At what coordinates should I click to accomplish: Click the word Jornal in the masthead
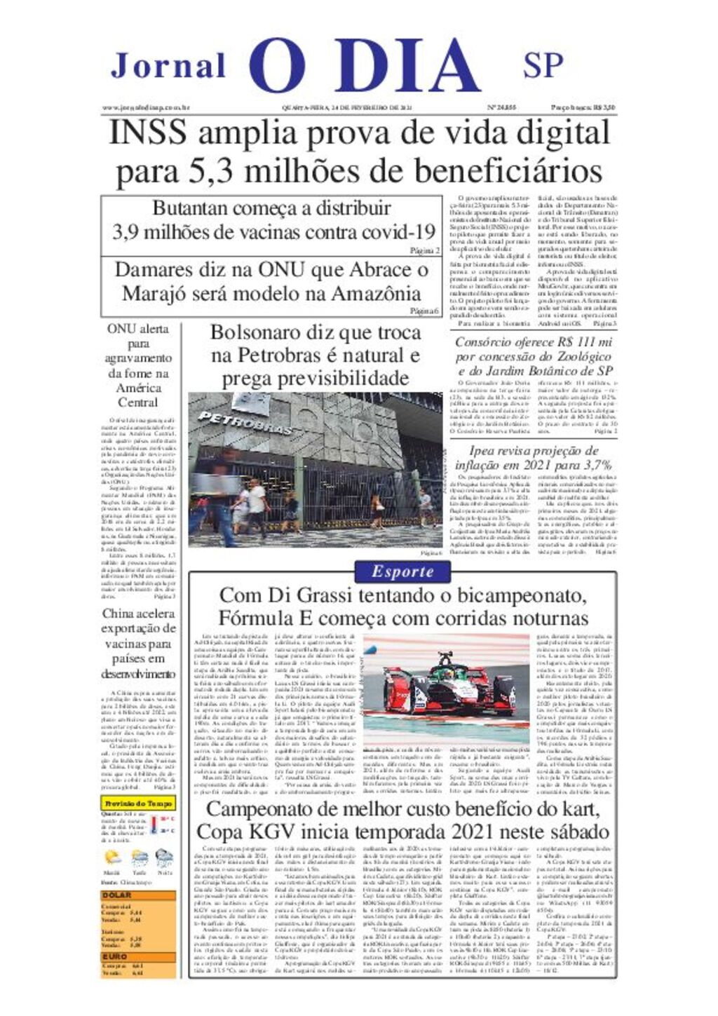point(168,66)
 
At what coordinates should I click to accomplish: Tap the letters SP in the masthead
point(543,65)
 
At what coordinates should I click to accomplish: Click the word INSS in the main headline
point(147,133)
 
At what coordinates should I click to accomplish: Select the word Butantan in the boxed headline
point(191,208)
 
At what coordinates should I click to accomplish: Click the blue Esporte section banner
point(402,571)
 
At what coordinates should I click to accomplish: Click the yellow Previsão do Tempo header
point(138,803)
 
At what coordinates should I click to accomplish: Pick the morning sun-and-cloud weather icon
point(112,858)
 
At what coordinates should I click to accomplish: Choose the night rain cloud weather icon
point(164,858)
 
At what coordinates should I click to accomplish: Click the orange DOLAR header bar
point(138,895)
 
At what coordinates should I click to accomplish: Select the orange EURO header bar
point(138,956)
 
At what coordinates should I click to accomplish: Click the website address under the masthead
point(147,107)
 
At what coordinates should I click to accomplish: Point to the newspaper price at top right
point(583,107)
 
